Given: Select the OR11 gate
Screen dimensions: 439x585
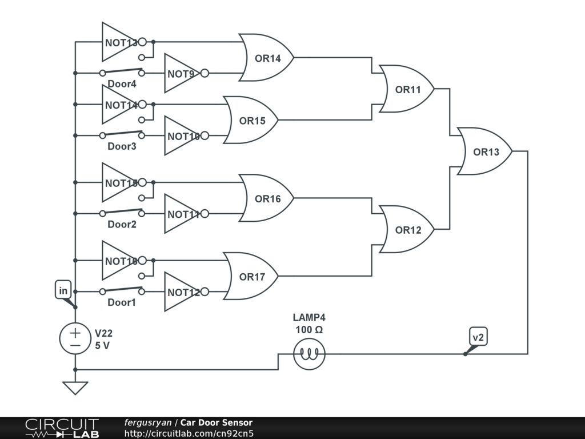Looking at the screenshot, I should pos(407,89).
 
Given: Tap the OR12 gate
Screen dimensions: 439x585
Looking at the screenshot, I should pos(407,230).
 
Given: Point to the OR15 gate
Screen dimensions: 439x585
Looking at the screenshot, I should pos(251,121).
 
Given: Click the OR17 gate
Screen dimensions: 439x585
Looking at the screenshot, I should pos(251,277).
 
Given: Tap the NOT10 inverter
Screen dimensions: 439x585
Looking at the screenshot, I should pos(182,136).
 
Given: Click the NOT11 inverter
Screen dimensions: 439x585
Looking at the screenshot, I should pos(182,214).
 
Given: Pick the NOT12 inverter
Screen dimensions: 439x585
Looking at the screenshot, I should pos(182,292).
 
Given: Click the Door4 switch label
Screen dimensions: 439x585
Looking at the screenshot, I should pos(122,84).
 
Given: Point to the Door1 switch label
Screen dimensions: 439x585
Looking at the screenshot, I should pos(122,302).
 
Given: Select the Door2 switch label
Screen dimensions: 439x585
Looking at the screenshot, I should pos(122,224).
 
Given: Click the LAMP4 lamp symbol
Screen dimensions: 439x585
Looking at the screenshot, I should pos(309,354).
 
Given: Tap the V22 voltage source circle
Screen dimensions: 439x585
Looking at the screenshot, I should pos(75,338).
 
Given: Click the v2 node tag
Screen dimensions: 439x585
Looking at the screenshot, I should pos(478,337).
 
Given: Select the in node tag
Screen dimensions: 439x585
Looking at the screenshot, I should pos(63,290).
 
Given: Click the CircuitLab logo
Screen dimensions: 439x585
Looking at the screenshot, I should pos(62,428).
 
